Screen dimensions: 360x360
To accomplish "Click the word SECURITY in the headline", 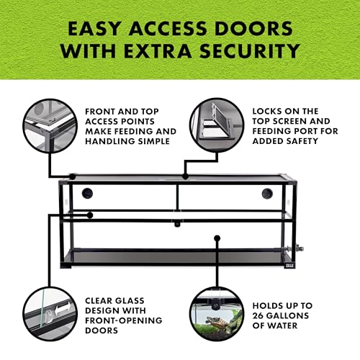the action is (x=250, y=50).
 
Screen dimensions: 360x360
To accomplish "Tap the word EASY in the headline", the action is (x=94, y=28).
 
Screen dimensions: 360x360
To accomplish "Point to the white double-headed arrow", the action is (x=63, y=309).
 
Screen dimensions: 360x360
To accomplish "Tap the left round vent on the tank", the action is (x=87, y=193).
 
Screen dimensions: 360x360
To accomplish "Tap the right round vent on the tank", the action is (x=267, y=194).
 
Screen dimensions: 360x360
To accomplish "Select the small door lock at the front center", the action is (x=177, y=225).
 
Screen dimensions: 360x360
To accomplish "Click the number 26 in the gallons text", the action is (x=258, y=315).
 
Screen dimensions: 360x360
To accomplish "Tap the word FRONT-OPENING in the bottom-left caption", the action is (x=124, y=320).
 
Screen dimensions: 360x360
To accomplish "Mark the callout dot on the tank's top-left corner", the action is (x=72, y=177).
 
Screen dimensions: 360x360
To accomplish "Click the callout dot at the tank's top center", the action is (x=185, y=176).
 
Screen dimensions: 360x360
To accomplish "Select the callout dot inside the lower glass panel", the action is (x=217, y=238).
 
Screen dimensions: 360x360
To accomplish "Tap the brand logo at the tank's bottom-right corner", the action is (x=289, y=265).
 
